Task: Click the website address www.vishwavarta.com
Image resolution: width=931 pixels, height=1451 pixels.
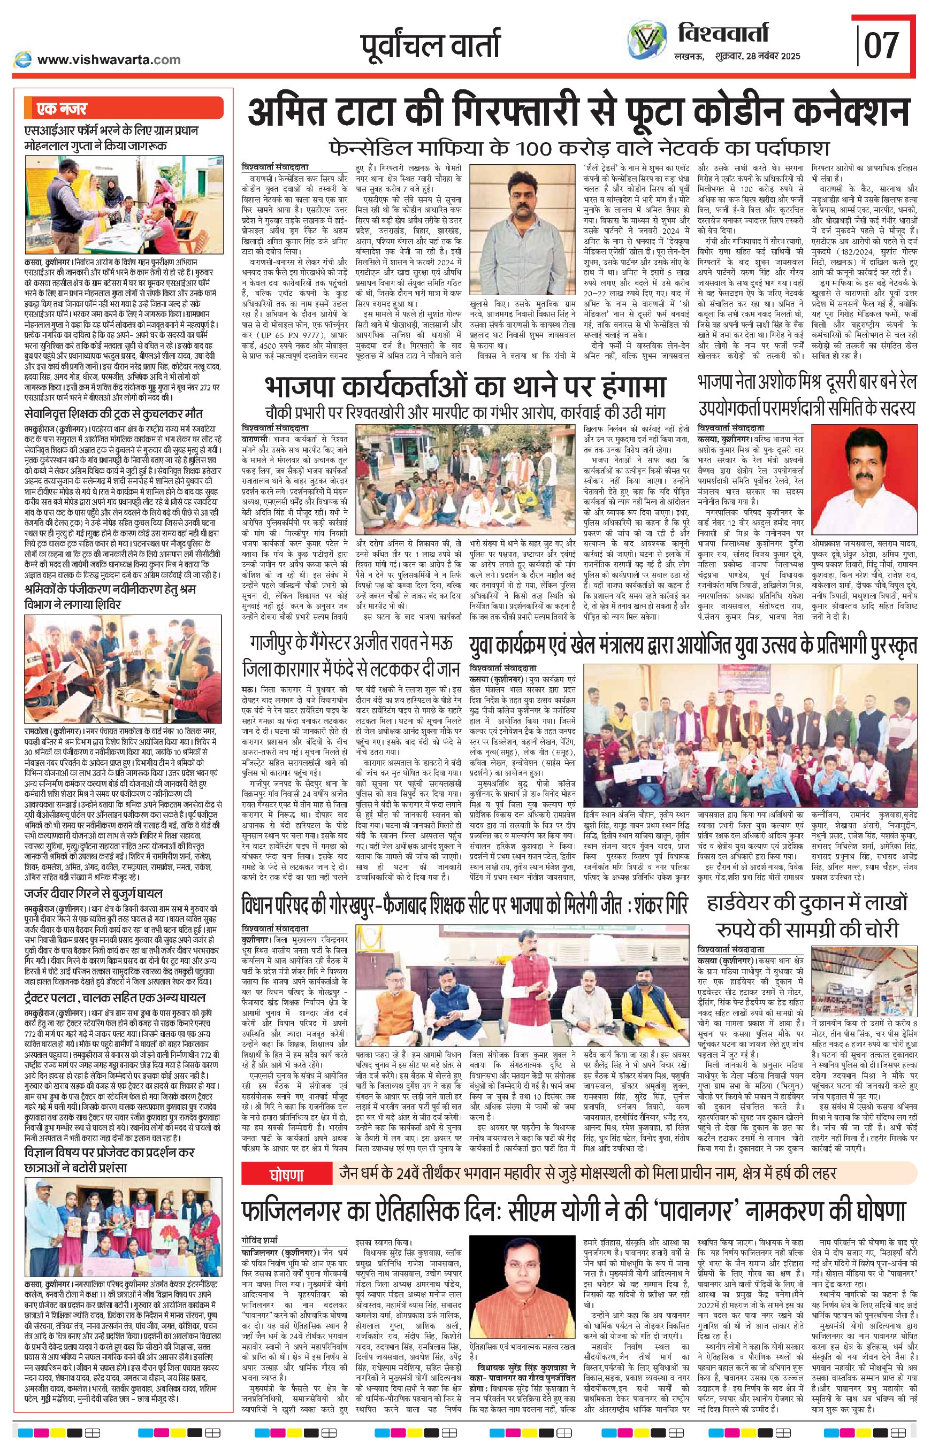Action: click(109, 59)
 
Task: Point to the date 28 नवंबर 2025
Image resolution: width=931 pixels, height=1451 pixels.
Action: click(774, 56)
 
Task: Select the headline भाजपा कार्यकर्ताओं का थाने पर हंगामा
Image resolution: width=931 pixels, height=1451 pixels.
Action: click(465, 387)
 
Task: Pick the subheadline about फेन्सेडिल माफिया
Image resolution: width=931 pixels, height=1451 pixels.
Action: click(579, 147)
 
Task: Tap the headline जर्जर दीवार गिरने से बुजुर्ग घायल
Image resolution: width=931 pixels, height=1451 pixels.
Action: click(94, 893)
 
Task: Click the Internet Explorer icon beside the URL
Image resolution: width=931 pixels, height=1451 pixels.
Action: click(23, 59)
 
